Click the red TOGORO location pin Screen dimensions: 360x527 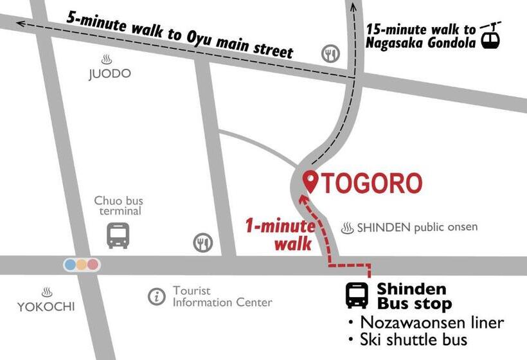(311, 181)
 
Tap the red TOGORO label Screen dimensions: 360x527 (371, 184)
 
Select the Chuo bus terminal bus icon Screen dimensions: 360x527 (118, 235)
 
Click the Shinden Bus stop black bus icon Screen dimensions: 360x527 (357, 295)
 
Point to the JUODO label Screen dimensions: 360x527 (109, 74)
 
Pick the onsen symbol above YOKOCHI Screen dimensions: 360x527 (46, 292)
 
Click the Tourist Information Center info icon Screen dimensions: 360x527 (156, 296)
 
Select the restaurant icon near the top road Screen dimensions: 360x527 (331, 54)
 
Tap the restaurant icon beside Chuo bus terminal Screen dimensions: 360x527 (202, 242)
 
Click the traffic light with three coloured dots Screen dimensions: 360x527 (82, 264)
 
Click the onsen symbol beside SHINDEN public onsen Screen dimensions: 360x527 (348, 228)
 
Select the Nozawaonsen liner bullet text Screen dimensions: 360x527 (426, 322)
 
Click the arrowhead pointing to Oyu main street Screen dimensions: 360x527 (21, 23)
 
